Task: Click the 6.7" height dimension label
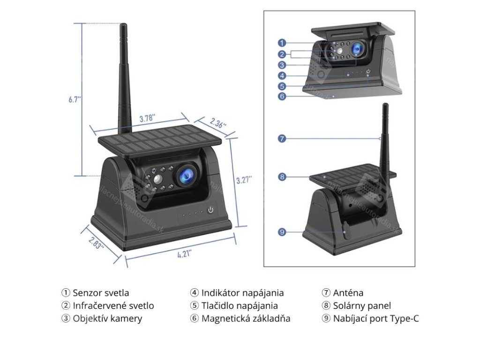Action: tap(75, 99)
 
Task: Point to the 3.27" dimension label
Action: tap(244, 180)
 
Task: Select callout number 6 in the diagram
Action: tap(282, 97)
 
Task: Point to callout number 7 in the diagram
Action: tap(282, 138)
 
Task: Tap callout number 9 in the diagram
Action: tap(282, 232)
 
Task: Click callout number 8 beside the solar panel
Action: tap(282, 177)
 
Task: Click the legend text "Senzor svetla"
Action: tap(101, 293)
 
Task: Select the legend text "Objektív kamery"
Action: tap(107, 319)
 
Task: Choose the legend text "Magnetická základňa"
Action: tap(246, 319)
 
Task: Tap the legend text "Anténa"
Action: tap(348, 293)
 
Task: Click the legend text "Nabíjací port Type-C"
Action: tap(376, 319)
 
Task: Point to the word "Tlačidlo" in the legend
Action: tap(218, 306)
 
